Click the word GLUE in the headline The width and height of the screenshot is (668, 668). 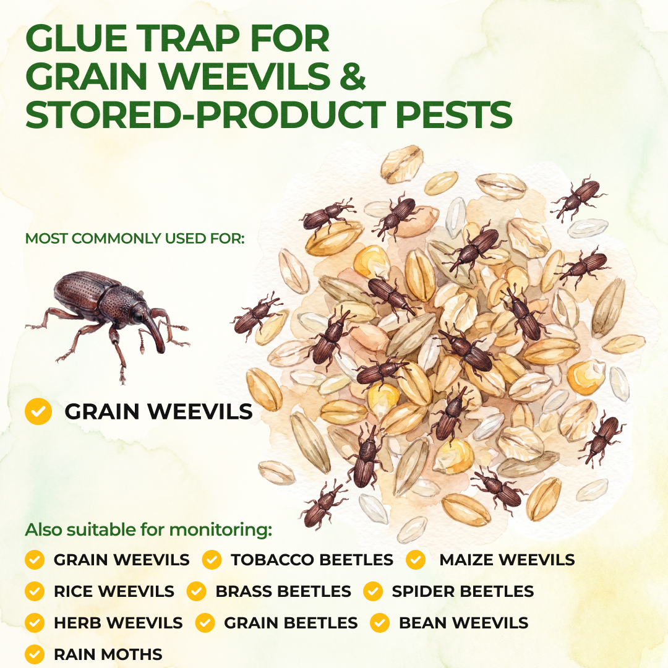(77, 38)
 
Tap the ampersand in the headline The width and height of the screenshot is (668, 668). (353, 76)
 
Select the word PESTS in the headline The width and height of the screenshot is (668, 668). (454, 114)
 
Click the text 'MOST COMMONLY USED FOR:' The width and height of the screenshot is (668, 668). (135, 239)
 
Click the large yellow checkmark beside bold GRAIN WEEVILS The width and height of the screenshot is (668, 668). (38, 411)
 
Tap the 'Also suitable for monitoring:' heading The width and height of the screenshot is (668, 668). (148, 530)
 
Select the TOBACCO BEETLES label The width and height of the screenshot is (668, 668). (312, 560)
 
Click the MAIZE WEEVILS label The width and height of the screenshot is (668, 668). (507, 560)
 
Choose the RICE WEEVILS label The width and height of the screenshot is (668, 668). (114, 591)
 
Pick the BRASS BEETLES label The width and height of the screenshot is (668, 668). (283, 591)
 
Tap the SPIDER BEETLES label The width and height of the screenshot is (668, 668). (463, 591)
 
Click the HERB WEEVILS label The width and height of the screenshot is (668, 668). (118, 623)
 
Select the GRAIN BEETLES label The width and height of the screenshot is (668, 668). (291, 623)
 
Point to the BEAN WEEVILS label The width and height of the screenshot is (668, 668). (463, 623)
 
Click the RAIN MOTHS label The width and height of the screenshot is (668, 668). (108, 654)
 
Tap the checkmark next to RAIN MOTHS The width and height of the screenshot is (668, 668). (35, 654)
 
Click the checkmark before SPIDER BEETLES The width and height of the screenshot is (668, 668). (373, 591)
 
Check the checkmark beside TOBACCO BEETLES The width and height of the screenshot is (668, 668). (212, 560)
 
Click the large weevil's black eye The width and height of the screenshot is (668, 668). (137, 317)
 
